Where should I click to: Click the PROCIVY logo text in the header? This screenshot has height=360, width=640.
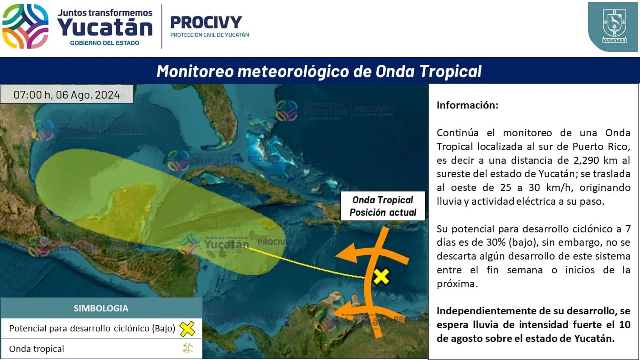[x=206, y=22]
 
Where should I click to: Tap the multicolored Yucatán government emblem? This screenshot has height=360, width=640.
[x=25, y=26]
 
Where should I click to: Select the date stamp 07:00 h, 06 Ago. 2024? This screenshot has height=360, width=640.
[x=67, y=95]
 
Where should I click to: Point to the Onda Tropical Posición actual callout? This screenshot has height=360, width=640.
[x=383, y=206]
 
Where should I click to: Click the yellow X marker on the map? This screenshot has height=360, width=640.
[x=381, y=277]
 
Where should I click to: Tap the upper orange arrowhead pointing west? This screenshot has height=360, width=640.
[x=347, y=253]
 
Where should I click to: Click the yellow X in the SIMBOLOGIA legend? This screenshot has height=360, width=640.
[x=188, y=329]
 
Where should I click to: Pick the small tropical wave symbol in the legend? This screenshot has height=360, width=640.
[x=188, y=348]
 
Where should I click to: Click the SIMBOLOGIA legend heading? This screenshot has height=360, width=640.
[x=101, y=308]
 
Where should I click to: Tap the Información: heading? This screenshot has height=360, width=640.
[x=468, y=105]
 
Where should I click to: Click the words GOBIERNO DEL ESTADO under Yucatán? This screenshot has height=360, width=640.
[x=105, y=43]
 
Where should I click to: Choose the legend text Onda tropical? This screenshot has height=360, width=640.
[x=37, y=349]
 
